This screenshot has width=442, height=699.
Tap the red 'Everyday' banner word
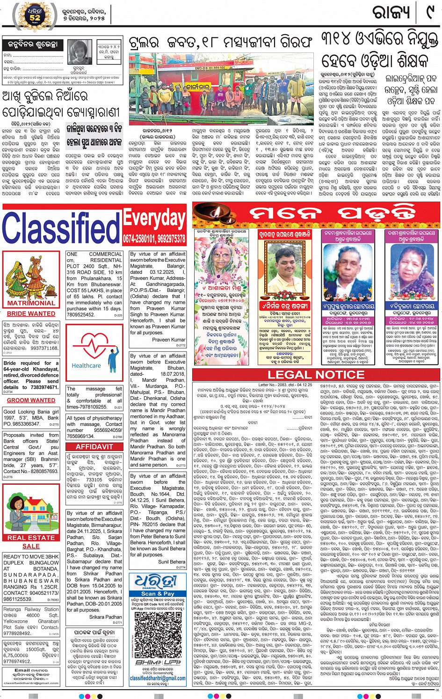tap(154, 218)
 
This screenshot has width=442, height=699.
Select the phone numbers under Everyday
tap(154, 239)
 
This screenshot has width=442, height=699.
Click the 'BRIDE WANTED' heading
tap(31, 313)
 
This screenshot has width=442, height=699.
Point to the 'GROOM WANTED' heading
tap(31, 400)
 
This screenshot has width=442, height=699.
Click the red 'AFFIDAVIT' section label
tap(94, 447)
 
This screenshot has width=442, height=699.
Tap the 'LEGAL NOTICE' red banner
tap(316, 375)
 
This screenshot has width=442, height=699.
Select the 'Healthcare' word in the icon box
tap(86, 366)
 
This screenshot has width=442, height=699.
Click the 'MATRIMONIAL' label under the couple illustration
tap(31, 303)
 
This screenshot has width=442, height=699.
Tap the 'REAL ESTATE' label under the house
tap(31, 538)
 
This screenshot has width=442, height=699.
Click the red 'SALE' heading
tap(31, 546)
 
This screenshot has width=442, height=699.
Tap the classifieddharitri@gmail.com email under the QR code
tap(158, 678)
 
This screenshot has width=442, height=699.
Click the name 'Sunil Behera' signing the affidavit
tap(171, 561)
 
